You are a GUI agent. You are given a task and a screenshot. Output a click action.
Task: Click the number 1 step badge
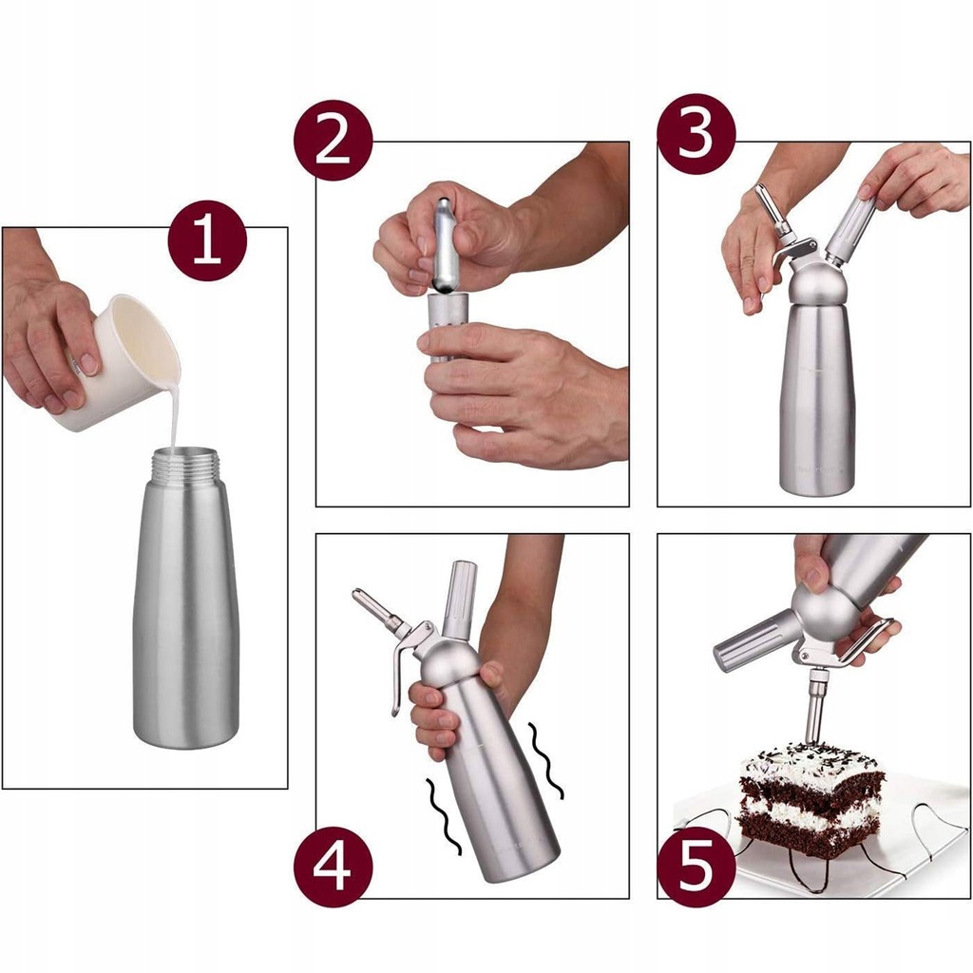[x=207, y=240]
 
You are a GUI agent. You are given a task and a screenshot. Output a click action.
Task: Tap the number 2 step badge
[x=334, y=140]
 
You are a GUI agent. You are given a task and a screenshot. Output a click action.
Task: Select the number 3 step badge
[x=696, y=134]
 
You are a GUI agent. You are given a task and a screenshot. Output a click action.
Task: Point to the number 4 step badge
[x=334, y=867]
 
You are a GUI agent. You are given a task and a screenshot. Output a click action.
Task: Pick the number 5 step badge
[x=696, y=867]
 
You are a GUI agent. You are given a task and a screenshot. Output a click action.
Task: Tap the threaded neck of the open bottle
[x=186, y=466]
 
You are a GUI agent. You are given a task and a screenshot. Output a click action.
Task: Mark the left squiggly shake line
[x=443, y=815]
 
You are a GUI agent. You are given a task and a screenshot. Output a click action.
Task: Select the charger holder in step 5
[x=753, y=640]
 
